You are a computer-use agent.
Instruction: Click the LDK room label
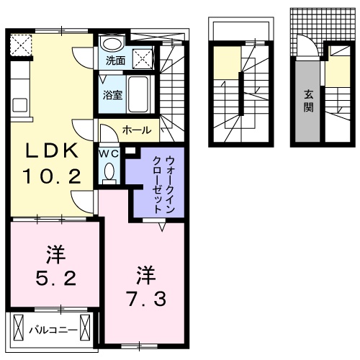point(52,152)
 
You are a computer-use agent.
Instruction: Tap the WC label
point(108,153)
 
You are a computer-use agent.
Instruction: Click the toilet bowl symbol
point(109,173)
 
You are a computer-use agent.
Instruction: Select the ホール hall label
point(137,130)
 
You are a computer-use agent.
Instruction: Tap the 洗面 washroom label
point(114,61)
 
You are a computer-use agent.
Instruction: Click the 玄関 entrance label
point(308,101)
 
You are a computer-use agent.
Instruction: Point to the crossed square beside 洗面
point(143,60)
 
